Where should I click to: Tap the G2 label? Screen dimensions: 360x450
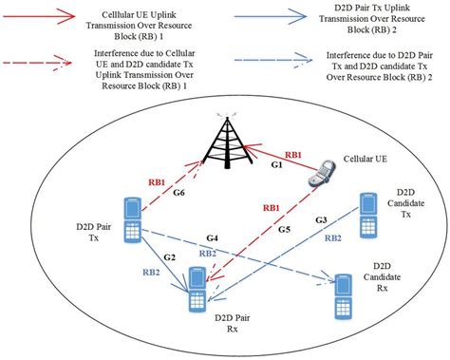170,256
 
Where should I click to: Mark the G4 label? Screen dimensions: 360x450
213,236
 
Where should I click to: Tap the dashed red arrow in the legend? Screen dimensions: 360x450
40,56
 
